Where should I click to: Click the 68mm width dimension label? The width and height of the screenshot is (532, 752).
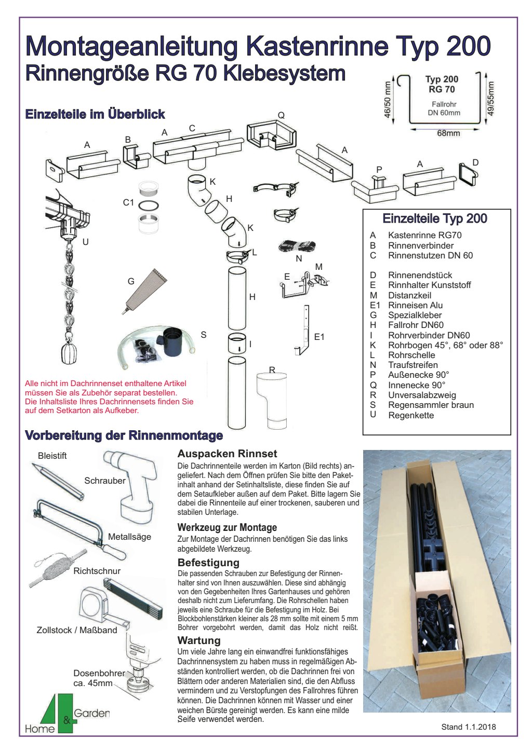448,133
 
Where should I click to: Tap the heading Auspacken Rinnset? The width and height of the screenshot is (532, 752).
227,454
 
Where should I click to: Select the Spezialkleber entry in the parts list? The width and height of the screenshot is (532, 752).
415,315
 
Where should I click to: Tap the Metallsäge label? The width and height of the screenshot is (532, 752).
129,537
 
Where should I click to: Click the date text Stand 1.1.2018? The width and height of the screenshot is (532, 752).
468,727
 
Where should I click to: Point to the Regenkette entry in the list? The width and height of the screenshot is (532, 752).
410,415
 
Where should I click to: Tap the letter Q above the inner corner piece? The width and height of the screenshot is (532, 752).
281,115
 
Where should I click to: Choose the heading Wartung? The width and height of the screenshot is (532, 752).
199,640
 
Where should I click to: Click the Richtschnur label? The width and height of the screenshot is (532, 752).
97,571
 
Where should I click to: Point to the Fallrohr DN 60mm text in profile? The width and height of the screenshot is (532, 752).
444,108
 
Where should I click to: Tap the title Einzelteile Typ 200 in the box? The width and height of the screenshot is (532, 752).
435,218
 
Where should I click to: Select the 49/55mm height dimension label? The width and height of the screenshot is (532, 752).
491,99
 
